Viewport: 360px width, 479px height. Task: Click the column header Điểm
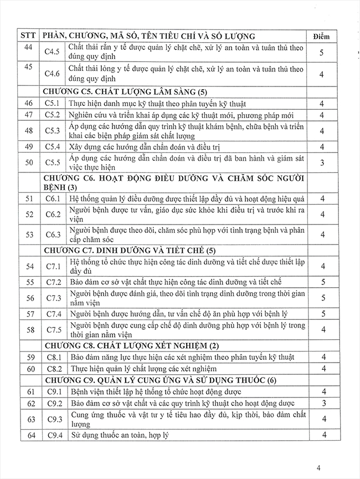click(x=321, y=36)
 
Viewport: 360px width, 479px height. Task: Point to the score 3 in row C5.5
click(x=322, y=162)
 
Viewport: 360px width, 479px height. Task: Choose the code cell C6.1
click(x=53, y=198)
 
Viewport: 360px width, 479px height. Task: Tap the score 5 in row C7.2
click(x=322, y=282)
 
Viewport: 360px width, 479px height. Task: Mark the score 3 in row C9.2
click(x=322, y=403)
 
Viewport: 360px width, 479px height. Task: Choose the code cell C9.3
click(x=53, y=419)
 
